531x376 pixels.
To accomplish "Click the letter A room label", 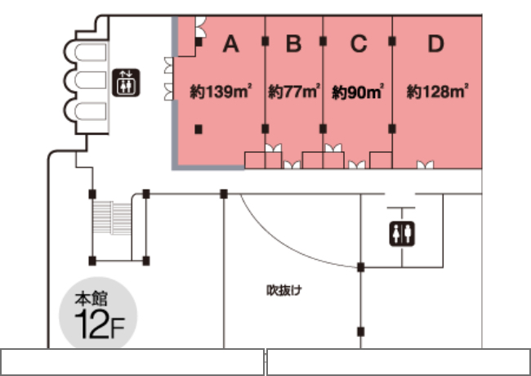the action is pos(230,43).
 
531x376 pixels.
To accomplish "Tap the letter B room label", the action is pos(293,43).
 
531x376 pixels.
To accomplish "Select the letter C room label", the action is pos(359,43).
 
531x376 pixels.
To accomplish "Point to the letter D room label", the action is pos(436,43).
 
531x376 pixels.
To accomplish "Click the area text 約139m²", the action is pos(221,92).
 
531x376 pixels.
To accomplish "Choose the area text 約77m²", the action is pos(294,92).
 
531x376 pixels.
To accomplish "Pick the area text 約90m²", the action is pos(358,92).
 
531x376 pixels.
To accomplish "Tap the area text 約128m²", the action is pos(438,92).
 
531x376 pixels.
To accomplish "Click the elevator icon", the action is pos(126,83).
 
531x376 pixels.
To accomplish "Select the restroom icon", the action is pos(402,234).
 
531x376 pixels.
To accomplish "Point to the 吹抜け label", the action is pos(283,290).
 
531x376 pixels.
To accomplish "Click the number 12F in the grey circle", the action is pos(99,325).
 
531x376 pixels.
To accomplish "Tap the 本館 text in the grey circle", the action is pos(91,299).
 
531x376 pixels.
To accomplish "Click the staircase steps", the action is pos(112,217).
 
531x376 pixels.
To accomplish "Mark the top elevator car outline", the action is pos(90,52).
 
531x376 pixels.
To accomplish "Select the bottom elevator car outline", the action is pos(90,111).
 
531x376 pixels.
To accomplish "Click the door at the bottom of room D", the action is pos(425,164).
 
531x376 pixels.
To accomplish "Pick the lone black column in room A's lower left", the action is pos(199,129).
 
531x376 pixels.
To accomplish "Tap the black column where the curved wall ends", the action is pos(360,267).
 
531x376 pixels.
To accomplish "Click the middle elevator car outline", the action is pos(90,80).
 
